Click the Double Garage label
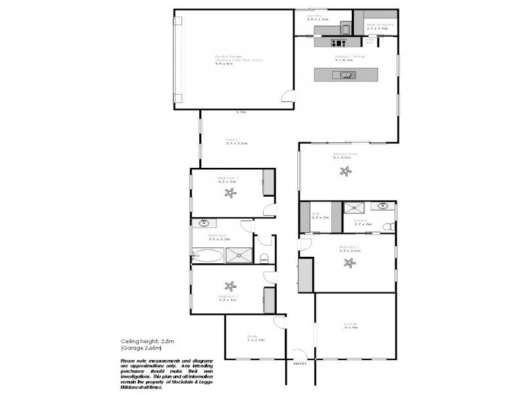(x=229, y=57)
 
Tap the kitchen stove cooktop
(x=339, y=43)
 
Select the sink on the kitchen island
(x=347, y=75)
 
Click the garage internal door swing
(x=287, y=98)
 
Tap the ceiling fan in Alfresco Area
(x=346, y=171)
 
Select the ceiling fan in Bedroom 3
(x=230, y=193)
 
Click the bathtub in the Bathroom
(x=207, y=255)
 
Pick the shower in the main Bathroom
(x=239, y=255)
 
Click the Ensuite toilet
(x=389, y=226)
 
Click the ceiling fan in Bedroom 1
(x=349, y=263)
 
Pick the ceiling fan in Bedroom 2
(x=230, y=286)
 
